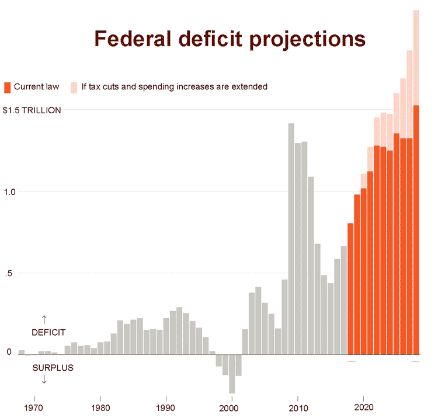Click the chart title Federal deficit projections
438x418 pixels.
[x=230, y=39]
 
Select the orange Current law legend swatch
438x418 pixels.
[x=7, y=87]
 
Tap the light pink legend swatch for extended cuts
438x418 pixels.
[x=74, y=87]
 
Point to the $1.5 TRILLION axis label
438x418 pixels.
[x=32, y=110]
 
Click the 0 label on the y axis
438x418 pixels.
[x=9, y=352]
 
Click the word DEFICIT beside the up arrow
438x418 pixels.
[x=48, y=332]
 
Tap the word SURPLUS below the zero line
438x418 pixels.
[x=53, y=368]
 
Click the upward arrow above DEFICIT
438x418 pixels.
[x=44, y=319]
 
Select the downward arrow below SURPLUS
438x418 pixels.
[x=44, y=380]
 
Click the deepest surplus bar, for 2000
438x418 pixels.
[x=232, y=374]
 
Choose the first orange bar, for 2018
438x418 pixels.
[x=350, y=288]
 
